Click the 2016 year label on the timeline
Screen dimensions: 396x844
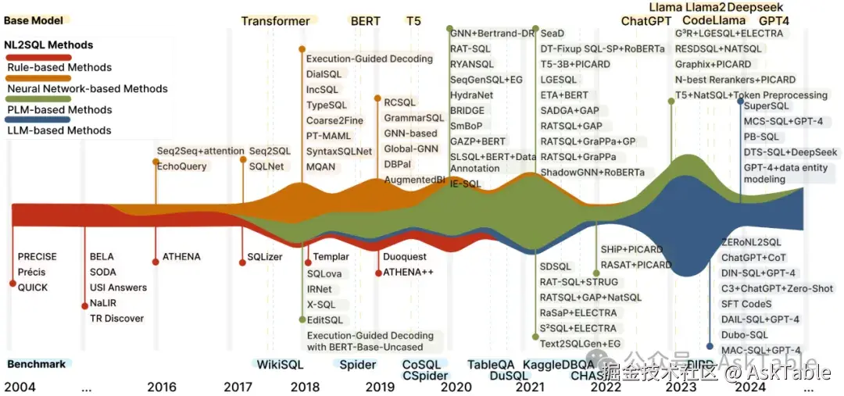click(161, 387)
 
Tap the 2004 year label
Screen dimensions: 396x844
click(20, 387)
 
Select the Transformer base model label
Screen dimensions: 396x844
click(275, 21)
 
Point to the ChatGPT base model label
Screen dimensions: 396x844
click(646, 21)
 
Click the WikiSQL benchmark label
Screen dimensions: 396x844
click(280, 365)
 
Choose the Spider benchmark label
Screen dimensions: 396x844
click(358, 365)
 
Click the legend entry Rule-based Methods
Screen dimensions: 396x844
click(59, 67)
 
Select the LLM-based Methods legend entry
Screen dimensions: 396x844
click(59, 130)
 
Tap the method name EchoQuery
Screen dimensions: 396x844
click(182, 166)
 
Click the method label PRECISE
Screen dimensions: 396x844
click(38, 257)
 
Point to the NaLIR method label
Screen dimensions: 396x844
click(105, 303)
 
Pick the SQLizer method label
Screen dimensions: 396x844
click(265, 257)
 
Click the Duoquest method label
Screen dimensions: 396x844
click(406, 257)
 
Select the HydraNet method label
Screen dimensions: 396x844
click(471, 95)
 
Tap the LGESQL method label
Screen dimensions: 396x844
click(559, 80)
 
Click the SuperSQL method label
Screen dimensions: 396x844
click(767, 105)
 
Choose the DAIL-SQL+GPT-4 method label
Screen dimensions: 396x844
click(760, 319)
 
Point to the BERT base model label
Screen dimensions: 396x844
click(366, 21)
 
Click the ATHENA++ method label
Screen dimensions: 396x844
click(408, 273)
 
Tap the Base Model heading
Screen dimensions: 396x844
click(34, 20)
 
